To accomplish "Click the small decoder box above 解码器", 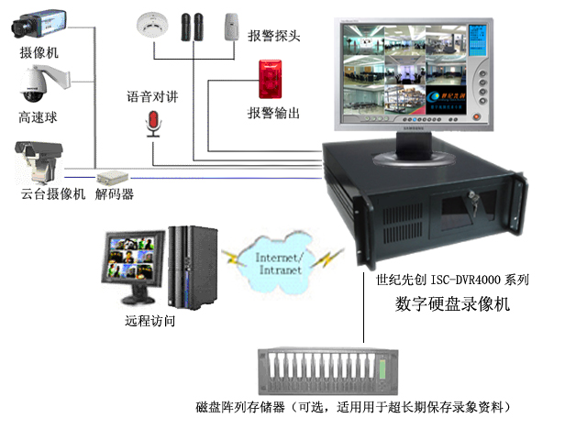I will click(x=113, y=174).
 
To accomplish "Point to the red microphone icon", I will click(x=154, y=121).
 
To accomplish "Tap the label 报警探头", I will click(x=273, y=37).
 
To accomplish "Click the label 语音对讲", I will click(x=151, y=96).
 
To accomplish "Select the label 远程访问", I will click(x=150, y=322).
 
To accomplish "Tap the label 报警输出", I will click(x=273, y=114).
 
